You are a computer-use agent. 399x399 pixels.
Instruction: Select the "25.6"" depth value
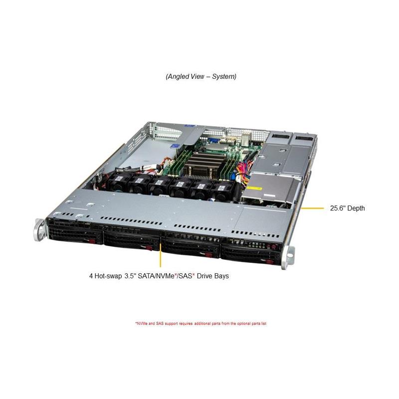(x=338, y=208)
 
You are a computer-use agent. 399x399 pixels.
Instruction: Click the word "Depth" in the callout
(x=356, y=208)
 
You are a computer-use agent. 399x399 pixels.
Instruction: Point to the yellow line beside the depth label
(x=312, y=208)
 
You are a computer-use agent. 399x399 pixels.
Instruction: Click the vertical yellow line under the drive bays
(x=160, y=255)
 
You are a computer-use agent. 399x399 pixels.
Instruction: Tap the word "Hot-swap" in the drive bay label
(x=108, y=276)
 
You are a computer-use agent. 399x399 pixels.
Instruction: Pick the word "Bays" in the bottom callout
(x=220, y=276)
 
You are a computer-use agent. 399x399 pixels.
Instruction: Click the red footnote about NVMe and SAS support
(x=201, y=324)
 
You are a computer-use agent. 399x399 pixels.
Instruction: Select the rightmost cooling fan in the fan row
(x=222, y=190)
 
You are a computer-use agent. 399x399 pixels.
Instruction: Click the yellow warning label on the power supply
(x=255, y=189)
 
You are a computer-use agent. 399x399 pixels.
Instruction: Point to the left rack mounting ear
(x=40, y=230)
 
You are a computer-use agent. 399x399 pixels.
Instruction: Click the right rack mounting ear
(x=288, y=257)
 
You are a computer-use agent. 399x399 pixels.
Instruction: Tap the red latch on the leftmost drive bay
(x=91, y=241)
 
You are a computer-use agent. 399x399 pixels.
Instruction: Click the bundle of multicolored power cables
(x=242, y=173)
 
